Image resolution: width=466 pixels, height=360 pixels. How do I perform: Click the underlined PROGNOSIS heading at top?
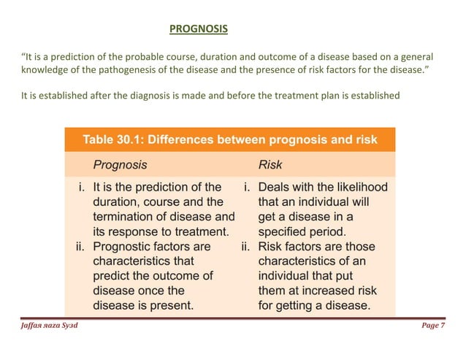pos(198,30)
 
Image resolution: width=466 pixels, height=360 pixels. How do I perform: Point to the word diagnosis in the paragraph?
pos(156,93)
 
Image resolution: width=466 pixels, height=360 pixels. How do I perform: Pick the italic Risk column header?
pos(271,165)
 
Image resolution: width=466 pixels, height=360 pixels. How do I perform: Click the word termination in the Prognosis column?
pos(124,217)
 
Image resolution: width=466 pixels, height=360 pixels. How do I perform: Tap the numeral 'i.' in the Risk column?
pos(248,187)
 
